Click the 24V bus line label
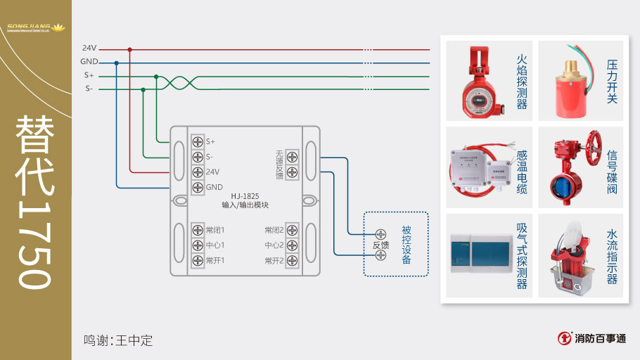pyautogui.click(x=89, y=49)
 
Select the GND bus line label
pyautogui.click(x=89, y=62)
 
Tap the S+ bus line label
pyautogui.click(x=89, y=75)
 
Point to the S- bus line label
pyautogui.click(x=89, y=89)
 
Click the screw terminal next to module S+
pyautogui.click(x=198, y=141)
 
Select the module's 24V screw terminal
pyautogui.click(x=198, y=172)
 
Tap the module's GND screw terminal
pyautogui.click(x=198, y=187)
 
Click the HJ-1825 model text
pyautogui.click(x=245, y=195)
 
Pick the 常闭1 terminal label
pyautogui.click(x=215, y=231)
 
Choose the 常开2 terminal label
pyautogui.click(x=274, y=261)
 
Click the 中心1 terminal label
pyautogui.click(x=215, y=245)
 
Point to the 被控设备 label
pyautogui.click(x=407, y=245)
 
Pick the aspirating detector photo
pyautogui.click(x=479, y=257)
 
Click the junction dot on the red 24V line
pyautogui.click(x=129, y=49)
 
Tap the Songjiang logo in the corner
pyautogui.click(x=35, y=28)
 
